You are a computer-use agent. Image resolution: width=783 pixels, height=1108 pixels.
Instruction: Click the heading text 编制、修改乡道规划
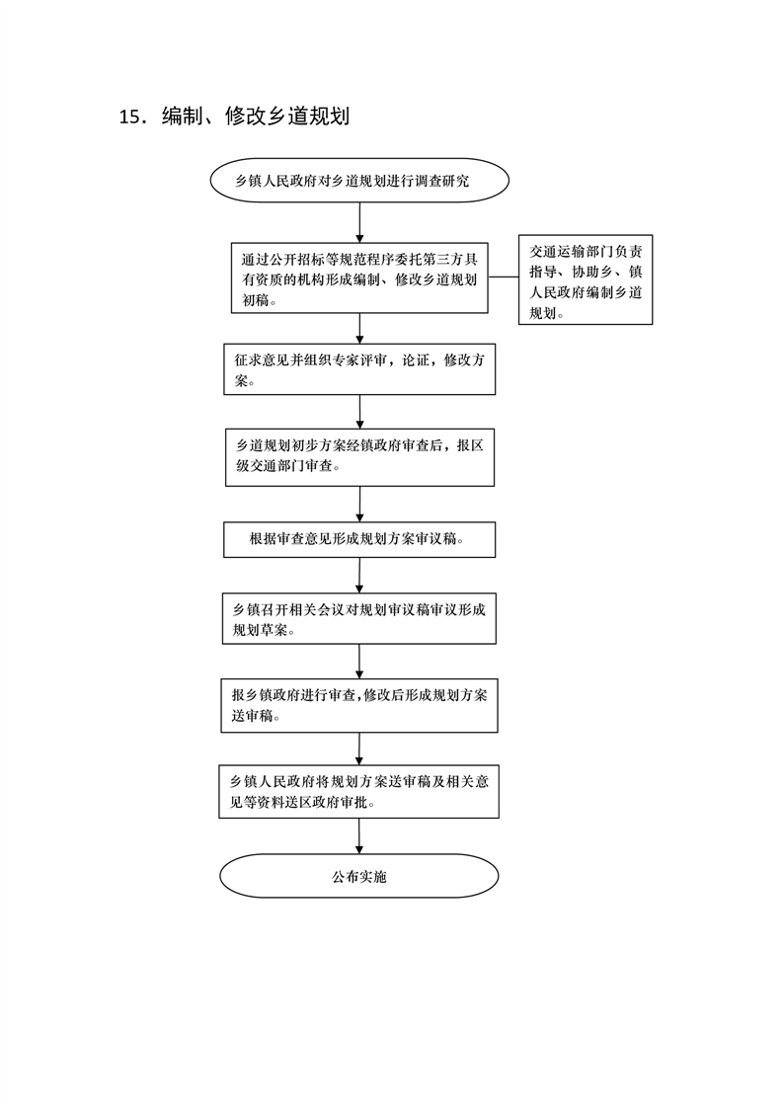click(x=256, y=117)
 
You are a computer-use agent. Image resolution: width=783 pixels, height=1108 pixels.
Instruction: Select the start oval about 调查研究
click(x=358, y=181)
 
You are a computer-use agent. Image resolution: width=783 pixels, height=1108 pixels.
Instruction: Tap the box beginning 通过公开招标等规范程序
click(x=358, y=278)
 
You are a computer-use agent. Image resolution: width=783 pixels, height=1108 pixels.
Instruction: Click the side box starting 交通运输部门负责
click(x=585, y=279)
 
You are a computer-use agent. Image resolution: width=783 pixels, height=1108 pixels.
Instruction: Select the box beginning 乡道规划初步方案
click(x=358, y=455)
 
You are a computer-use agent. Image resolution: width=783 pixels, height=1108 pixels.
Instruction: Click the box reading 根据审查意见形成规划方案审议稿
click(x=358, y=539)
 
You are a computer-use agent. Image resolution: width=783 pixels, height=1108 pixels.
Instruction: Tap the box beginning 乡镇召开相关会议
click(x=358, y=619)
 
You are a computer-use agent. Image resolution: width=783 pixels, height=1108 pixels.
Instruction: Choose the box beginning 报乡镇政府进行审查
click(x=358, y=705)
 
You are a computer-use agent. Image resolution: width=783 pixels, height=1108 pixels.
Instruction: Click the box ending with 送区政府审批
click(x=358, y=791)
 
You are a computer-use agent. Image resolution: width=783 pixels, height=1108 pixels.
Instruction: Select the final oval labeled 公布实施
click(x=358, y=876)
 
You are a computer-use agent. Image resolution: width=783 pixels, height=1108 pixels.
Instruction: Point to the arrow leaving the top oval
click(x=359, y=223)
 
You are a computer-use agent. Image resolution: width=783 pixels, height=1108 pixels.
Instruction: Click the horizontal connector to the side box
click(x=503, y=278)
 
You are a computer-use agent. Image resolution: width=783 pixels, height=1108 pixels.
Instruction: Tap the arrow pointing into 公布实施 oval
click(x=358, y=836)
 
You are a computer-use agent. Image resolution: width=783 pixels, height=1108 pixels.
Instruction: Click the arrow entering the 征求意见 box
click(x=359, y=329)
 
